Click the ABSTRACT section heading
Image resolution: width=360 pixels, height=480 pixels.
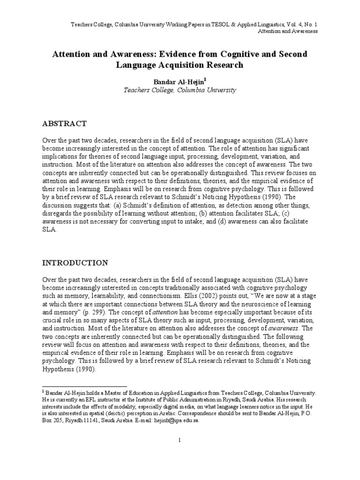click(x=65, y=124)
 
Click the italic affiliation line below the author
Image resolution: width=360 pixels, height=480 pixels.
click(x=180, y=90)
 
